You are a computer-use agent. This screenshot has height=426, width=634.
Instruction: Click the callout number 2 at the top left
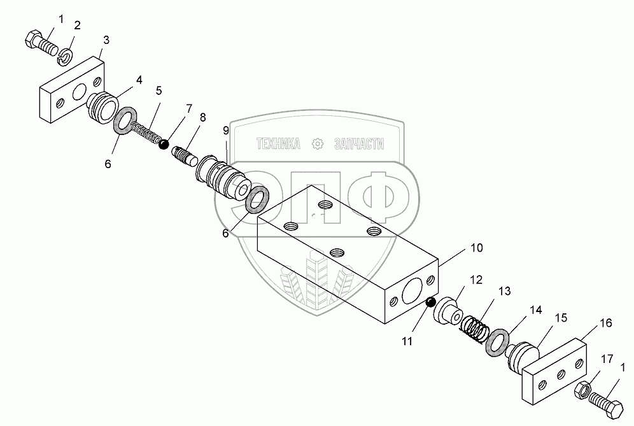77,25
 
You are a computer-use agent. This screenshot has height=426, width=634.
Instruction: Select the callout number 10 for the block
477,247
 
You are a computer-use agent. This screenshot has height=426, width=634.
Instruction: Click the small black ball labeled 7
164,145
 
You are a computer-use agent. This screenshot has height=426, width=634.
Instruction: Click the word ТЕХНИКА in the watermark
278,145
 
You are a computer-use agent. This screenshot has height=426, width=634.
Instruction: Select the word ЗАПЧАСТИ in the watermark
359,145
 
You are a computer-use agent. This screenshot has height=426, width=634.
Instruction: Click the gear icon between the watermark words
317,145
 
